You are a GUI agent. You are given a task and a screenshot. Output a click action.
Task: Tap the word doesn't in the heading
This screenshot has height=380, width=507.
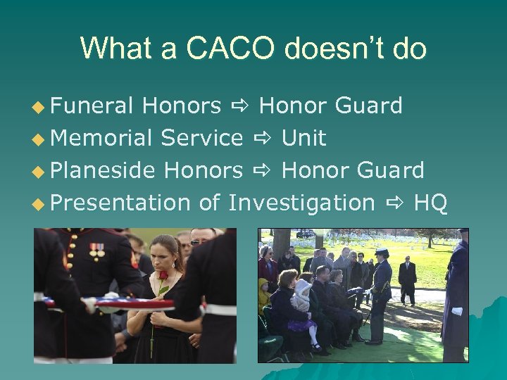point(328,49)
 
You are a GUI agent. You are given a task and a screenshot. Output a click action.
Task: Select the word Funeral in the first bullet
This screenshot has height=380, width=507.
point(92,106)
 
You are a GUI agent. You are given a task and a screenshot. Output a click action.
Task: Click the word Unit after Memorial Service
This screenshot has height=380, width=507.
point(303,139)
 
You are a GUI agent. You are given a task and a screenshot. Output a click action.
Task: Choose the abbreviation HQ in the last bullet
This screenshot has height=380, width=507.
point(430,203)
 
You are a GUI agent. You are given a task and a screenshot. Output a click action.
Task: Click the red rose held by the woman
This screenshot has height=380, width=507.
point(163,276)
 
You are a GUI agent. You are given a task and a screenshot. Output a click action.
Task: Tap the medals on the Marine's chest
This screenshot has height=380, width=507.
point(96,250)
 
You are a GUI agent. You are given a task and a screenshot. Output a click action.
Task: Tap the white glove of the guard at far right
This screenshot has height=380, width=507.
point(457,310)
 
